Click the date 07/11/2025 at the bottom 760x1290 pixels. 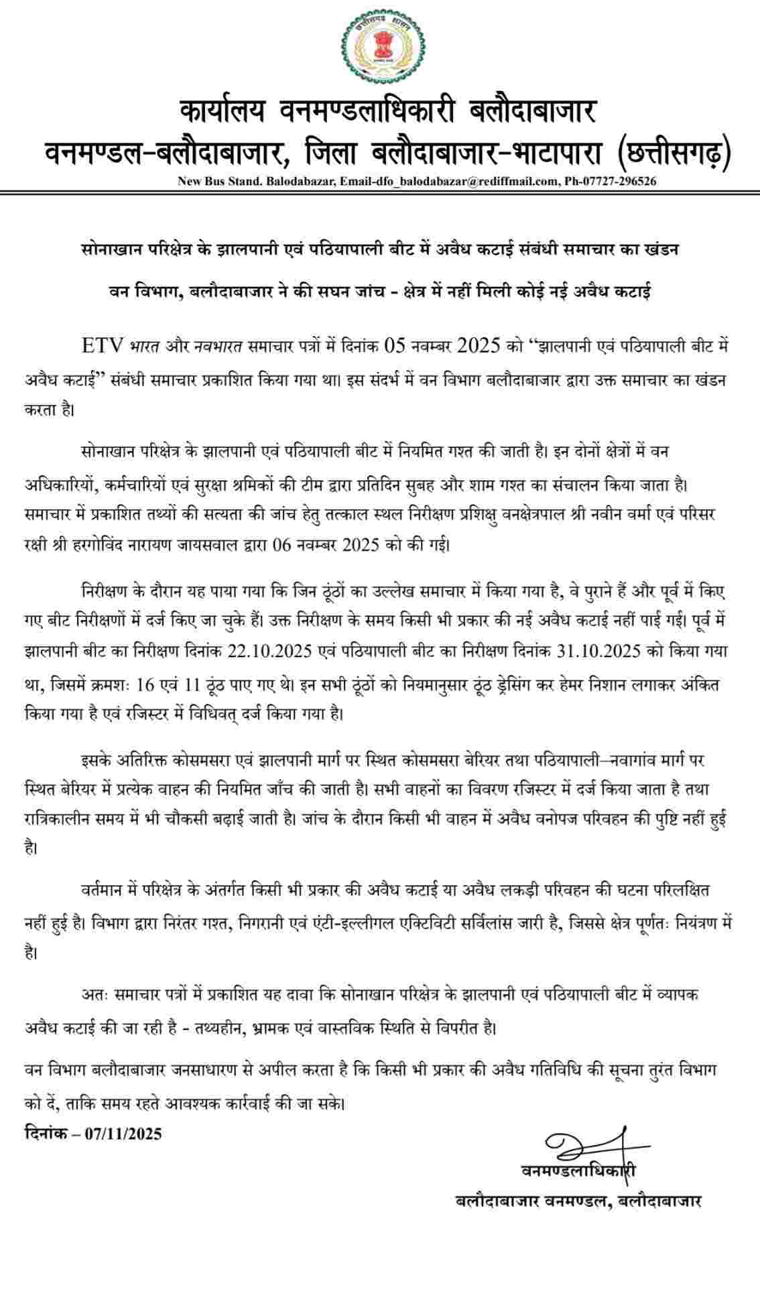[x=124, y=1134]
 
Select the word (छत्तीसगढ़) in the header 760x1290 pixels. [x=673, y=152]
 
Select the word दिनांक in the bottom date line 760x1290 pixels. [x=45, y=1134]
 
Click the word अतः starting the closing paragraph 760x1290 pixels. [x=92, y=994]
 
